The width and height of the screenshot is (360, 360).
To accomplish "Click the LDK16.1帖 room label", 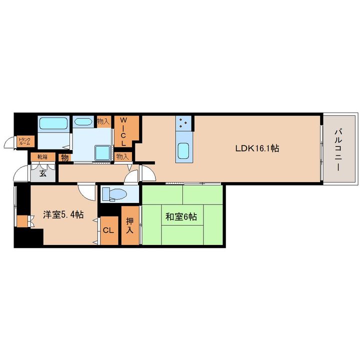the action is point(257,148).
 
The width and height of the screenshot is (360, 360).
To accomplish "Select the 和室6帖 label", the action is point(181,216).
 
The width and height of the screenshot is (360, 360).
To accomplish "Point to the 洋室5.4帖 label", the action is point(63,214).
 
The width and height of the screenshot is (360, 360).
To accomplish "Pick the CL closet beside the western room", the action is point(109,230).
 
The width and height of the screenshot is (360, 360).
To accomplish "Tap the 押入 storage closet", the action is point(130,225).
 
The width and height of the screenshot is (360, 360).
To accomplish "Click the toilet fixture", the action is point(114,194).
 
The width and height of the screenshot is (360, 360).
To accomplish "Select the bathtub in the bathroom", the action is point(53,123).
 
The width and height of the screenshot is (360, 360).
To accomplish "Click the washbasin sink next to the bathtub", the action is point(83,121).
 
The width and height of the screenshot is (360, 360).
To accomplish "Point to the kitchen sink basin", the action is point(183,151).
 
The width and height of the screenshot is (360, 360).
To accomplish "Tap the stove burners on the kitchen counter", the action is point(183,123).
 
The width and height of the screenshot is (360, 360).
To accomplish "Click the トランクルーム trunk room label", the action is point(24,141).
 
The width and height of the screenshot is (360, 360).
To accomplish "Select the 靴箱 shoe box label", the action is point(42,157).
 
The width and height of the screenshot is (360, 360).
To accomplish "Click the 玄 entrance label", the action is point(43,173).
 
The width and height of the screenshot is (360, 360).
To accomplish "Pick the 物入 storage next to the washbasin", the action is point(103,121).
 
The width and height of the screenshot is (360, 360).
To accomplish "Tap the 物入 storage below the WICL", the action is point(122,156).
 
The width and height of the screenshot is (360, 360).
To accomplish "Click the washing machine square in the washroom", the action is point(102,152).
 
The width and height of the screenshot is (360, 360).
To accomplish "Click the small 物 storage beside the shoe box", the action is point(64,158).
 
